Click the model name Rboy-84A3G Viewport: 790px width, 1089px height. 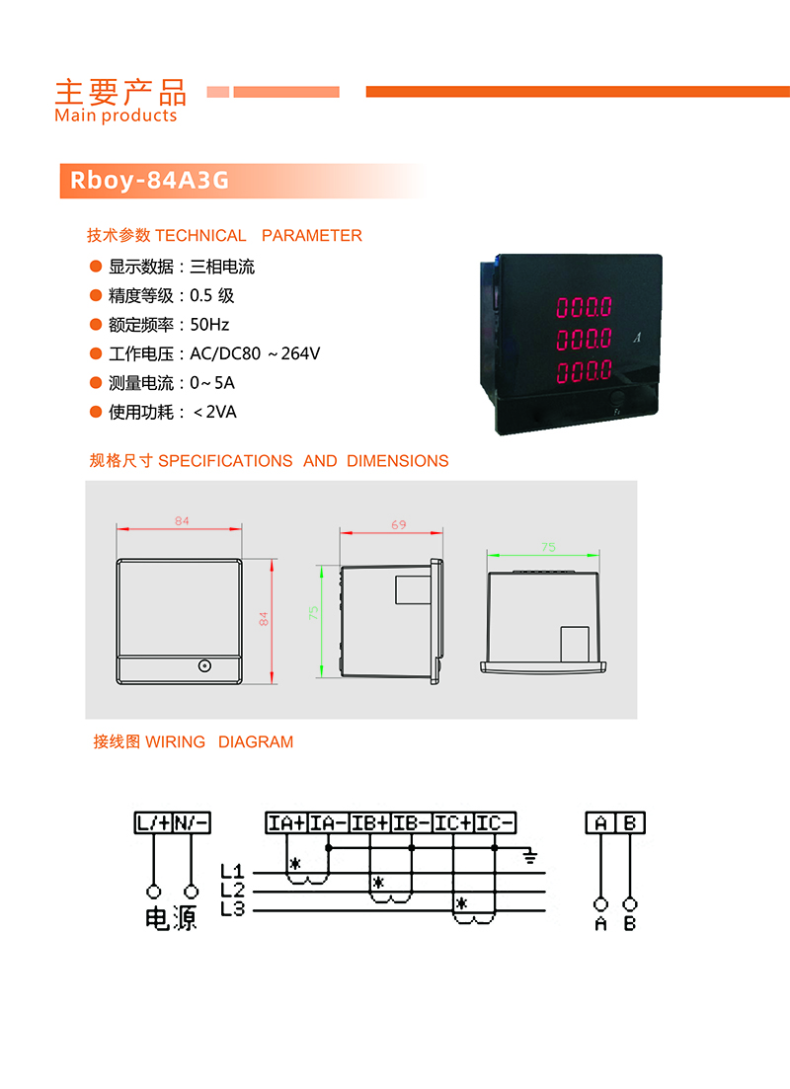149,181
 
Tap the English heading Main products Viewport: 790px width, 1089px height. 117,116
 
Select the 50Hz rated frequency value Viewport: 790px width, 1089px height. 209,325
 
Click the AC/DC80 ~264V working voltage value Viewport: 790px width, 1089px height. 255,353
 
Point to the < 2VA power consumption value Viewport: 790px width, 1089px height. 214,412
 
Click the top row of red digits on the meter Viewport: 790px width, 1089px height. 585,307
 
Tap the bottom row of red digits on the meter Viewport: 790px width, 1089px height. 585,371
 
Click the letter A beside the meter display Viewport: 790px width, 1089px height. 637,338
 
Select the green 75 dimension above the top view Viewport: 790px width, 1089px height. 548,547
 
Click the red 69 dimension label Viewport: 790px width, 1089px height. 398,524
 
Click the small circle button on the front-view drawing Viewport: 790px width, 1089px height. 204,666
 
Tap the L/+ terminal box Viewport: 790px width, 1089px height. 153,823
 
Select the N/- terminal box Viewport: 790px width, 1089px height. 191,823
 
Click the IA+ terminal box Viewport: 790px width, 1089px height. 286,823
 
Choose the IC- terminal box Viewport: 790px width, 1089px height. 495,823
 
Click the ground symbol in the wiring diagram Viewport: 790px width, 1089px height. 530,856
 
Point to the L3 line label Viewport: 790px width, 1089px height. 233,909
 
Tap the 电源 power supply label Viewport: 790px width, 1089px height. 172,918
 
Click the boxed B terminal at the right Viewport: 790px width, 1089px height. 630,823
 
